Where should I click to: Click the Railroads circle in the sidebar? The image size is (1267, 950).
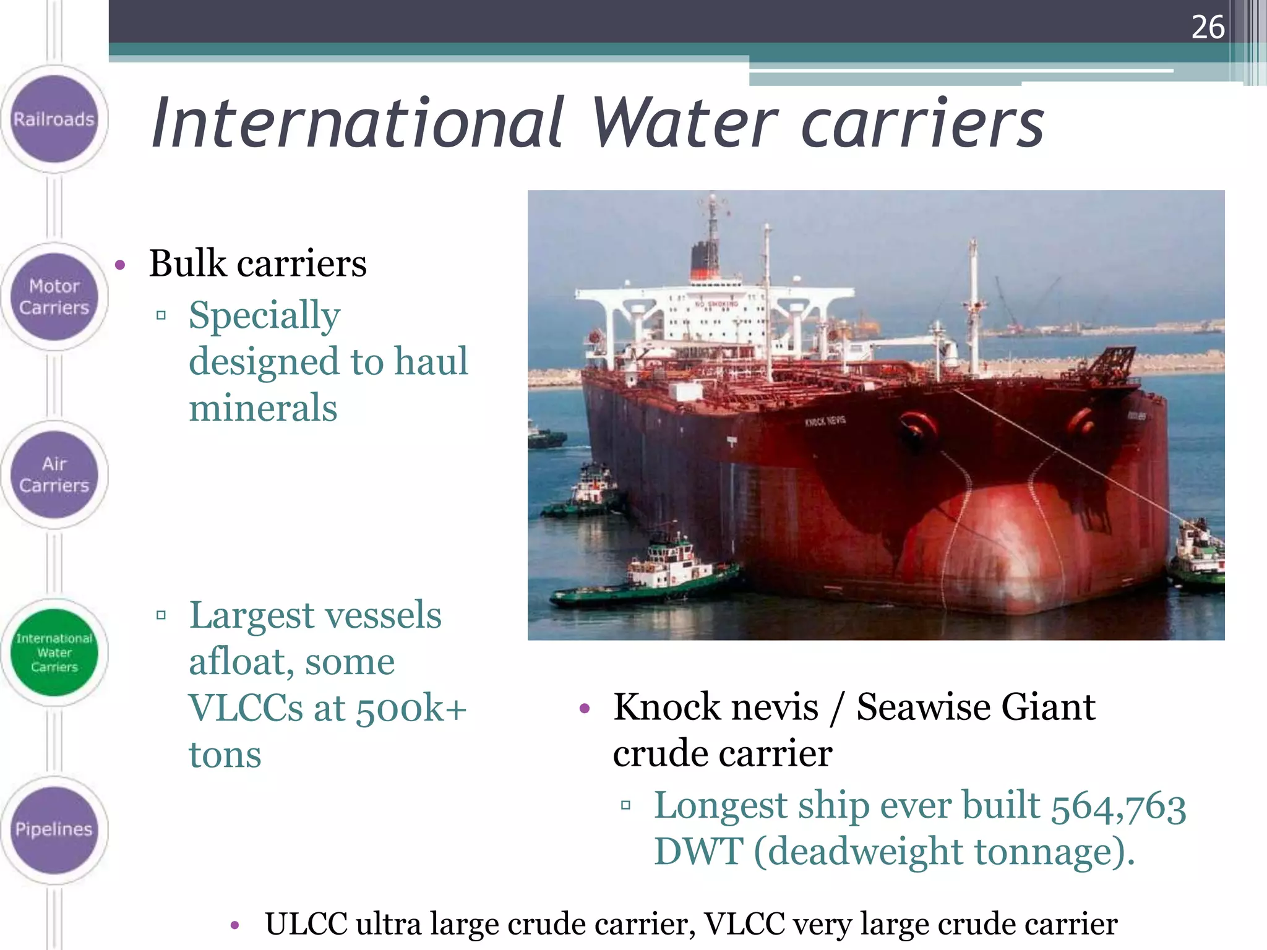pos(54,119)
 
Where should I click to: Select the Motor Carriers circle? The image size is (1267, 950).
pos(54,297)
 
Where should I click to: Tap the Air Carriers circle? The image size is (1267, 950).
pos(54,474)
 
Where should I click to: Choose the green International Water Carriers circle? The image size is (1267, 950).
pos(54,653)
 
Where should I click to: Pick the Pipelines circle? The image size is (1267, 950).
pos(54,829)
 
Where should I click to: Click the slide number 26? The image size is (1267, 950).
pos(1207,28)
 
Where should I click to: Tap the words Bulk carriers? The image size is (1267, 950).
pos(257,263)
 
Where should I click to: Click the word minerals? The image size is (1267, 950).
pos(263,408)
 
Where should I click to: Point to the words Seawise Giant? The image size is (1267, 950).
pos(976,707)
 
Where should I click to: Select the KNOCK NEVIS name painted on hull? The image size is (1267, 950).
pos(825,421)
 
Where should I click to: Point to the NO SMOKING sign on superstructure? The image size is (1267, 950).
pos(716,304)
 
